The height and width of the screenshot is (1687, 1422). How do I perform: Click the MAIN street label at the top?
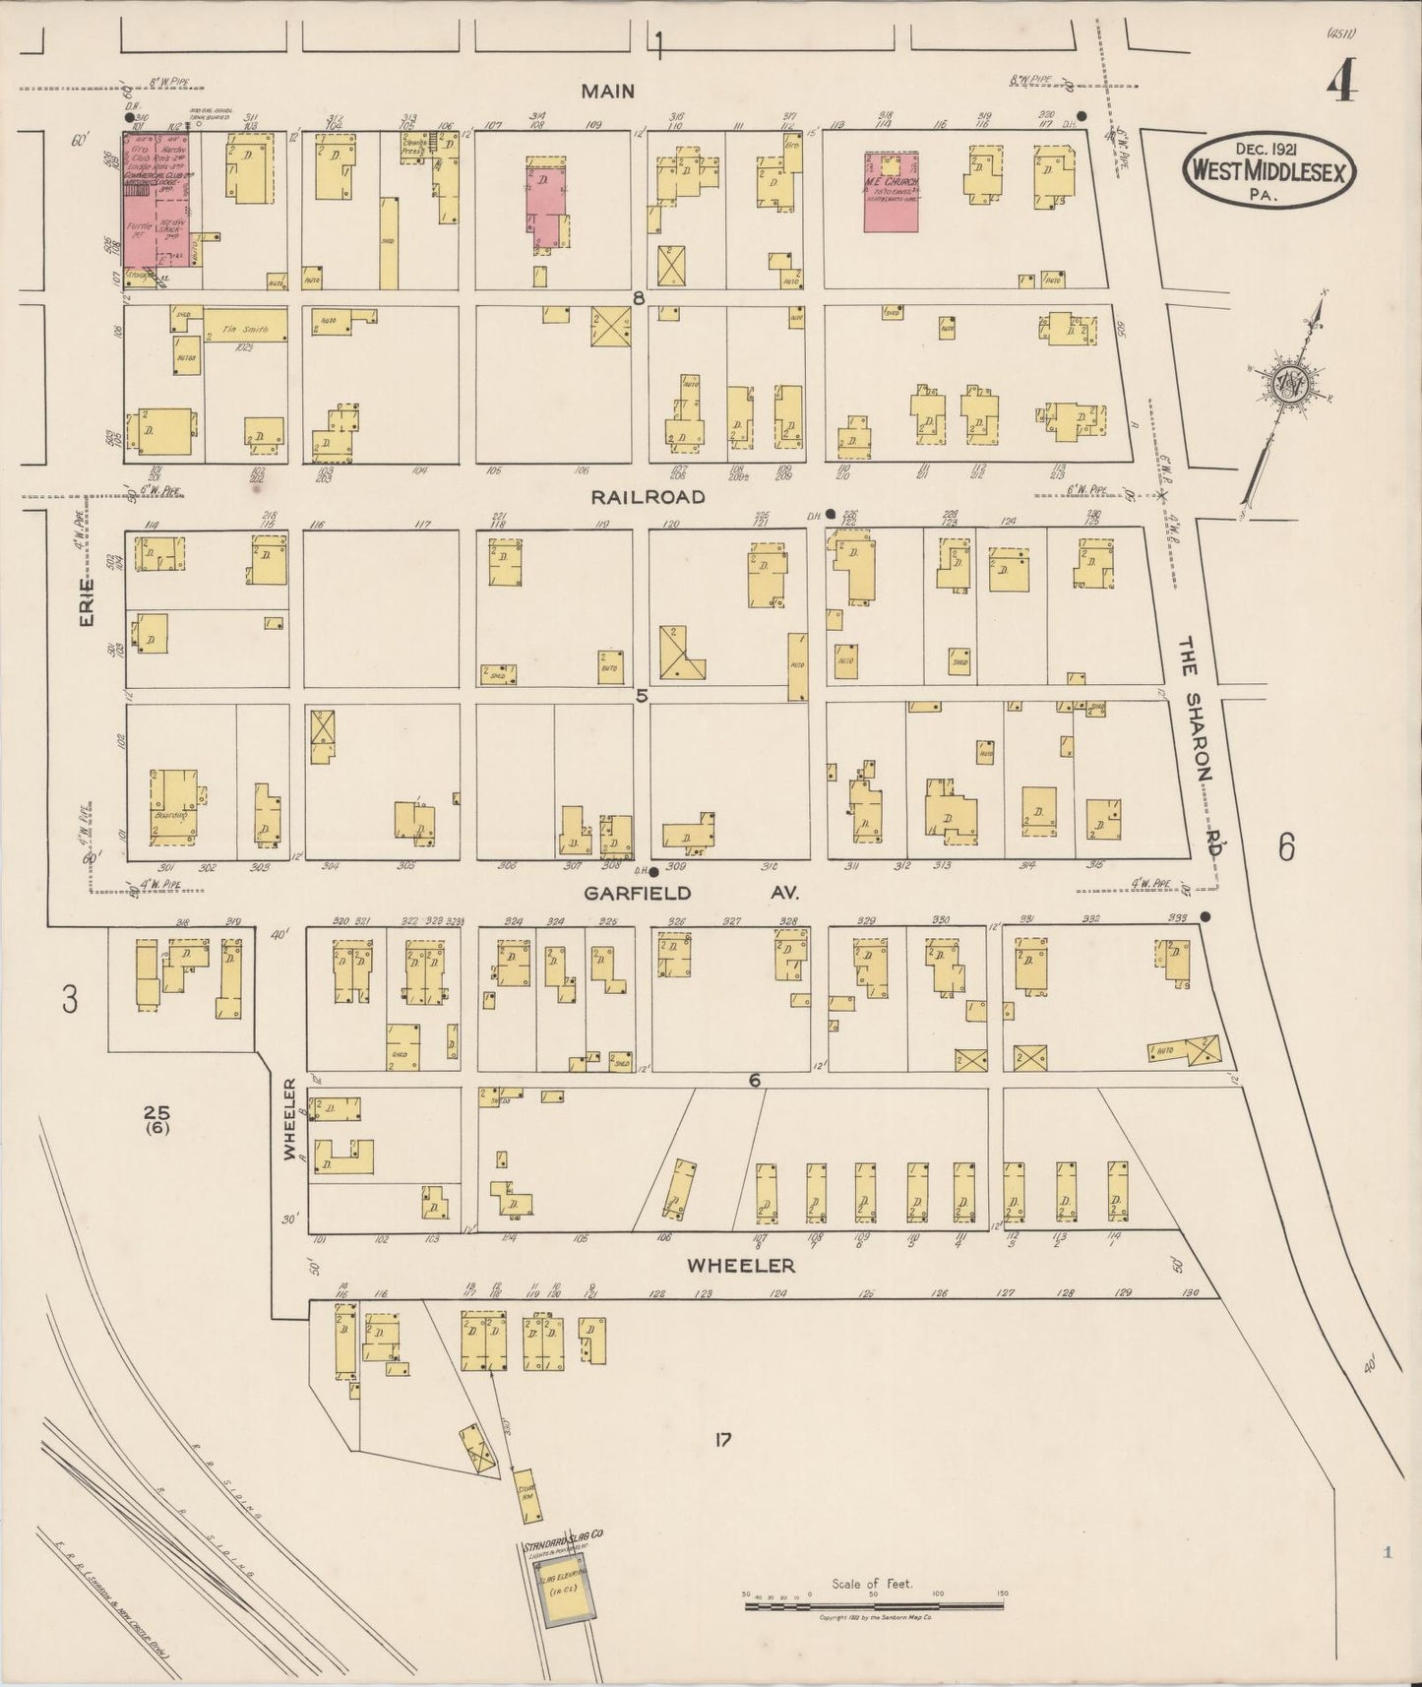(607, 92)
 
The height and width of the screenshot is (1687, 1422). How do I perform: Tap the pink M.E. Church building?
(892, 192)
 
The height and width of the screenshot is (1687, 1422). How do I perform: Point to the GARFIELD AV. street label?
(690, 893)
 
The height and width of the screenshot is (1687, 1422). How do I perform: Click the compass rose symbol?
(1284, 386)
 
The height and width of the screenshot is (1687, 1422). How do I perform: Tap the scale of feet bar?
(874, 1606)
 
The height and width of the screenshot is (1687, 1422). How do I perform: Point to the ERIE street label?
(87, 602)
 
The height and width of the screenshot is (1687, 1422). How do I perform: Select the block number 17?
(723, 1440)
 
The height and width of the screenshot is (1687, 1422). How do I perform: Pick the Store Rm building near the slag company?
(526, 1492)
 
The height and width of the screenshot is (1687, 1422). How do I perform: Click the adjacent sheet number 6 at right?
(1286, 846)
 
